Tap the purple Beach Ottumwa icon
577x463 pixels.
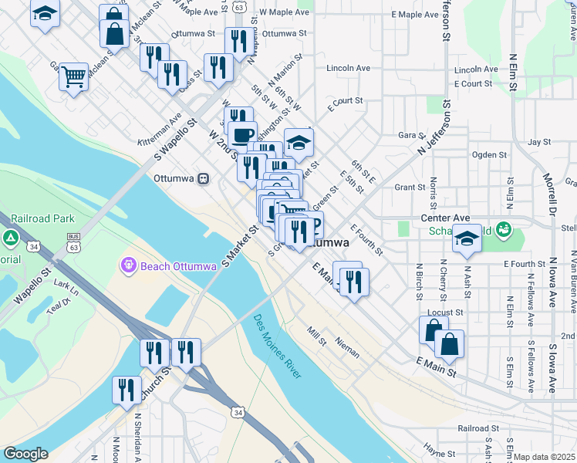tap(128, 266)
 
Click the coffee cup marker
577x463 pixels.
tap(242, 133)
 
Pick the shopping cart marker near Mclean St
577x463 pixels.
tap(74, 76)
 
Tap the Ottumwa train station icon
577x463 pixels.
tap(203, 178)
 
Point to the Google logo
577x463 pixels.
tap(25, 454)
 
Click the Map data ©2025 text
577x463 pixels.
tap(544, 457)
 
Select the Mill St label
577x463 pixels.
tap(317, 331)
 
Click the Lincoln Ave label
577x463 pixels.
tap(347, 68)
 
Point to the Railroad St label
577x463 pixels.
tap(483, 428)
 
